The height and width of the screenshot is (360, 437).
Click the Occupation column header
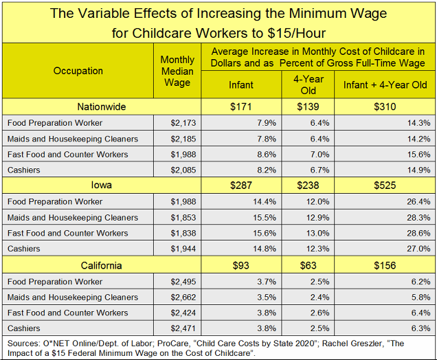click(78, 71)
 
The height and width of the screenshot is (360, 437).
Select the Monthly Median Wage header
click(177, 71)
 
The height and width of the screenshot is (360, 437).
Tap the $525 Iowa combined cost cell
click(387, 185)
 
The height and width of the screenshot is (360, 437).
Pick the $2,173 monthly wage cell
click(182, 123)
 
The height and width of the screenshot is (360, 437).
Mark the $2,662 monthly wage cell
click(182, 297)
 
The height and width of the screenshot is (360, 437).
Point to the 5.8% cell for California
click(420, 297)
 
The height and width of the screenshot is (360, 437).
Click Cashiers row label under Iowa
click(24, 249)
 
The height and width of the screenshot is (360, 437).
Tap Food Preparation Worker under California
click(55, 282)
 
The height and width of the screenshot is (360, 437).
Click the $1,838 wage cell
click(182, 234)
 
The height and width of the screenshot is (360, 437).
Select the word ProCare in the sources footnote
click(175, 342)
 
